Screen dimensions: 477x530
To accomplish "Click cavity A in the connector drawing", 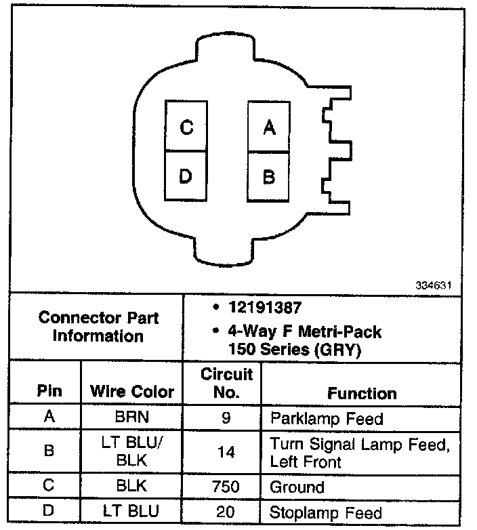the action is [x=269, y=126].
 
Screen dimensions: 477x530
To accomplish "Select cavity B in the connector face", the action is [x=269, y=176].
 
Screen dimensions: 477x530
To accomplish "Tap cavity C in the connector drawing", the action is [x=186, y=126].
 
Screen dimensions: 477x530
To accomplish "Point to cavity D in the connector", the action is [x=186, y=176].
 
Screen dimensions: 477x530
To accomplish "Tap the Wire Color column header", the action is [x=131, y=391].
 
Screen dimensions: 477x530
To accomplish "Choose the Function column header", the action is [x=362, y=393].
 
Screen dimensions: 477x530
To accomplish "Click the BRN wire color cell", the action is [x=131, y=417].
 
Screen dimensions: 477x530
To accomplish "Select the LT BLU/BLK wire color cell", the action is [x=131, y=451].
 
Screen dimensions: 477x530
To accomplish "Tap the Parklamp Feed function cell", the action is [x=327, y=418].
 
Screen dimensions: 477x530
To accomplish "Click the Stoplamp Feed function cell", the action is [x=326, y=512].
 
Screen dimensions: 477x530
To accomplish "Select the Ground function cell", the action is [x=297, y=487].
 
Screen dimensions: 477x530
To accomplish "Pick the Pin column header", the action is [x=49, y=391].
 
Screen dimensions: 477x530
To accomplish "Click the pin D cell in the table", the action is [x=49, y=512].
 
